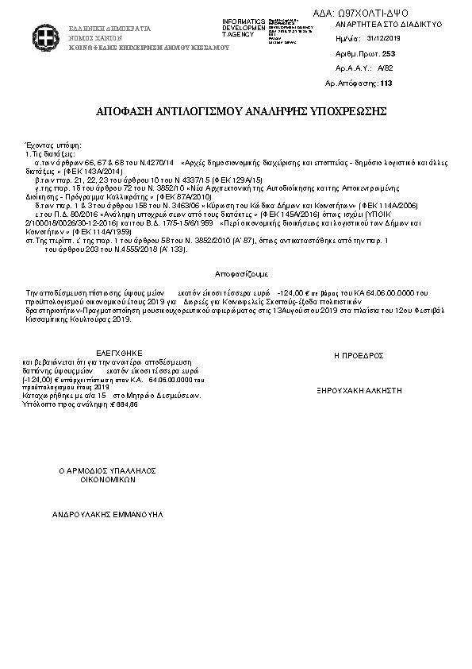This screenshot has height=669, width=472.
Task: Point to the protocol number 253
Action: tap(388, 53)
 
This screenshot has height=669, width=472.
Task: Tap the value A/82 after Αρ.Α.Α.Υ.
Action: tap(386, 68)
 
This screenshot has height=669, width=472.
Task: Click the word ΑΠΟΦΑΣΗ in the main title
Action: tap(125, 110)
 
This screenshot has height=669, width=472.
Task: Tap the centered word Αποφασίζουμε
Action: tap(236, 272)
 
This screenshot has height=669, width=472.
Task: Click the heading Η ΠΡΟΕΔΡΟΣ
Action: tap(359, 355)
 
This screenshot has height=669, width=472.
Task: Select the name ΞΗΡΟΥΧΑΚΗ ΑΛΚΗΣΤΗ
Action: tap(359, 391)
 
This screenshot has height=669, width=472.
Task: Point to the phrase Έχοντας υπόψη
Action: tap(55, 145)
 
